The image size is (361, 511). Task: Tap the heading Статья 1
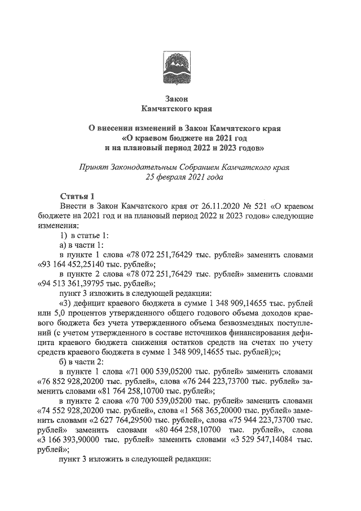(x=77, y=196)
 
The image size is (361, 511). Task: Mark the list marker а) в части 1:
(x=81, y=244)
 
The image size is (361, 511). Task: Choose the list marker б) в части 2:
(x=81, y=361)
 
